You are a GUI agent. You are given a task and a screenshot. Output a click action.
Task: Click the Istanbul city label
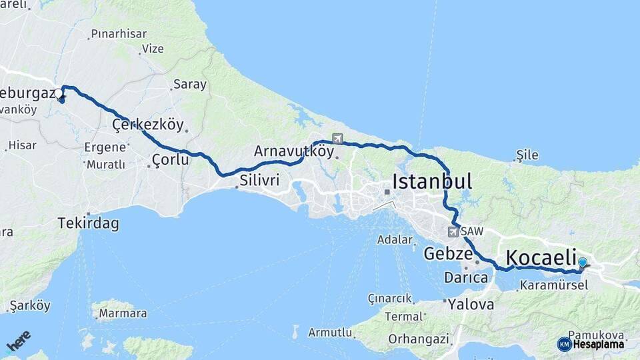point(432,181)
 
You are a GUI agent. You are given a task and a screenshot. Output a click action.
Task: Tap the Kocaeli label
point(541,257)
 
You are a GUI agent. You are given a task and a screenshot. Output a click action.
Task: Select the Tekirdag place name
point(88,223)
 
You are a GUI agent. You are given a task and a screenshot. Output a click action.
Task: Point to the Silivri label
point(259,179)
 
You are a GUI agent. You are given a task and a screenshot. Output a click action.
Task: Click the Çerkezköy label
point(147,125)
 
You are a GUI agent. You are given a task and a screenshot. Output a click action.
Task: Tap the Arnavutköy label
point(293,151)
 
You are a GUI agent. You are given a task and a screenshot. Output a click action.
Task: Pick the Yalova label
point(471,305)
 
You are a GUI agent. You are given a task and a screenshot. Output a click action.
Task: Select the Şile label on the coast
point(527,155)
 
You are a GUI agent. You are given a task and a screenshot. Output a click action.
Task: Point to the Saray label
point(190,85)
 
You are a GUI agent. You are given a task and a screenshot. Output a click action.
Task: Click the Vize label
point(152,49)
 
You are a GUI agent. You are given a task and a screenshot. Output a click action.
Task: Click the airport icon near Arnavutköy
point(337,139)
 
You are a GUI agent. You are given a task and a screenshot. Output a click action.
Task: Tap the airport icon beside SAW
point(454,232)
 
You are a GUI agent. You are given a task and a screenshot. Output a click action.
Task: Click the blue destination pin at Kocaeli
point(583,263)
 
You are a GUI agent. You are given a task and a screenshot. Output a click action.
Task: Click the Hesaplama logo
point(591,344)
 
